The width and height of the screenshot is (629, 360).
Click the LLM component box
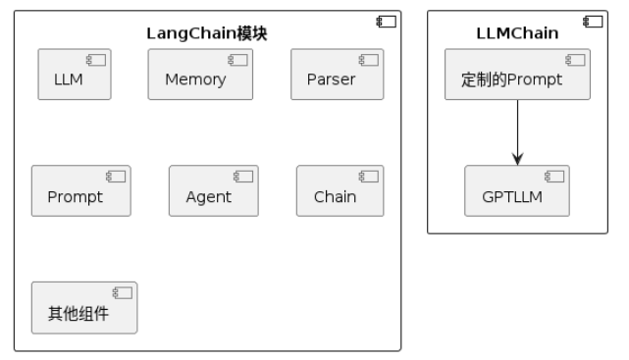pyautogui.click(x=75, y=75)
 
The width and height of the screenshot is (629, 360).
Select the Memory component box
pyautogui.click(x=200, y=75)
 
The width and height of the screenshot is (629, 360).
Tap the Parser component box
pyautogui.click(x=338, y=75)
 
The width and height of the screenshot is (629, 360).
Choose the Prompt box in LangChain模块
pyautogui.click(x=81, y=191)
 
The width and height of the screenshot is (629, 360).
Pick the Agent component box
pyautogui.click(x=214, y=191)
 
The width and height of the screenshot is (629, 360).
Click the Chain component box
pyautogui.click(x=341, y=191)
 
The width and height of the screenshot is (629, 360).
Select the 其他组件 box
pyautogui.click(x=84, y=307)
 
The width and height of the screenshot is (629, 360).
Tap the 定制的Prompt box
pyautogui.click(x=517, y=75)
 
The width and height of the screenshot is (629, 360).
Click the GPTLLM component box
pyautogui.click(x=517, y=191)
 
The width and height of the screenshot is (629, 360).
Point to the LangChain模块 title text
pyautogui.click(x=207, y=33)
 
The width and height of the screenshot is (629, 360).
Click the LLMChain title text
pyautogui.click(x=517, y=33)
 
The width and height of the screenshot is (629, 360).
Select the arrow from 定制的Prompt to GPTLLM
pyautogui.click(x=517, y=132)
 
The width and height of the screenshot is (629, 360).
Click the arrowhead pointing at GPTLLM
pyautogui.click(x=517, y=159)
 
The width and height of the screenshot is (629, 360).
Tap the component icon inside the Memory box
pyautogui.click(x=237, y=60)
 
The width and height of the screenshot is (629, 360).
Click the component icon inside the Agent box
pyautogui.click(x=243, y=177)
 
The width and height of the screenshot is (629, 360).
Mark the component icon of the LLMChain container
pyautogui.click(x=593, y=22)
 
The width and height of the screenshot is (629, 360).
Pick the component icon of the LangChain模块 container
pyautogui.click(x=386, y=22)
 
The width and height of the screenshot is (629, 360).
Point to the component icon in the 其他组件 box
pyautogui.click(x=122, y=293)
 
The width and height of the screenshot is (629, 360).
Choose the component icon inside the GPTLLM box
pyautogui.click(x=554, y=177)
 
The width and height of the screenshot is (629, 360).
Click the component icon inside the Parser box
pyautogui.click(x=368, y=60)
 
